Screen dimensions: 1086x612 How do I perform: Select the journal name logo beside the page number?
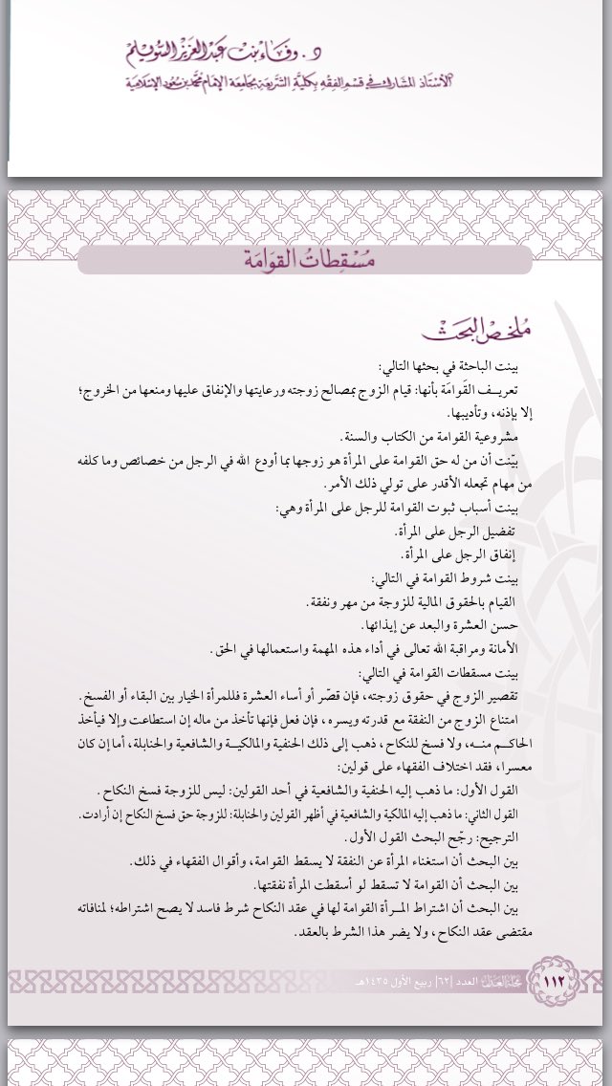(x=487, y=981)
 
